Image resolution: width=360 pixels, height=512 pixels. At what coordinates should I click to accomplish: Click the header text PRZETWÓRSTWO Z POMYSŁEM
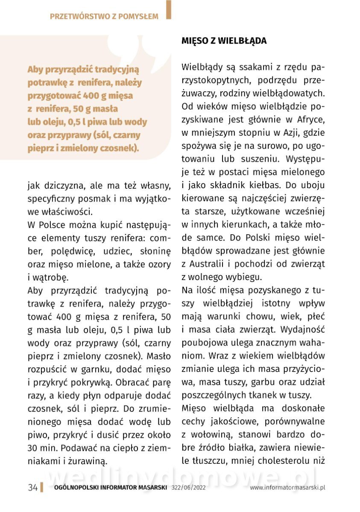[104, 17]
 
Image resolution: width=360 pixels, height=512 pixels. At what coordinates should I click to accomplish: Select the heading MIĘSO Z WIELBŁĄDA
[224, 41]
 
